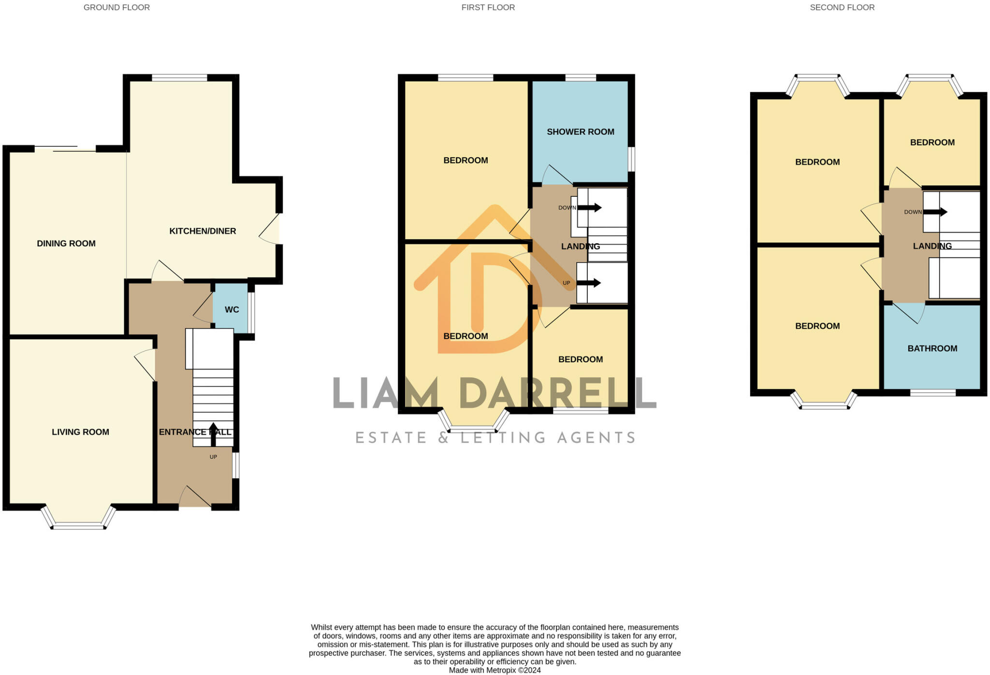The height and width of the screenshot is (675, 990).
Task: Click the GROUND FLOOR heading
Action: [116, 7]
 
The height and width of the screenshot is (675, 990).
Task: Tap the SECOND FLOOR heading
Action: [842, 7]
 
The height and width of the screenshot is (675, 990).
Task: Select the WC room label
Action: [232, 309]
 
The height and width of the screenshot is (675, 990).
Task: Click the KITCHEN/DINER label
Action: [203, 231]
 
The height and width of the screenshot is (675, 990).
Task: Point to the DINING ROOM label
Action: [66, 243]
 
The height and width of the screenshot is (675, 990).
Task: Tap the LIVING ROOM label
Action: [80, 432]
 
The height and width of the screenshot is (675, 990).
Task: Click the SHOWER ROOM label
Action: [580, 132]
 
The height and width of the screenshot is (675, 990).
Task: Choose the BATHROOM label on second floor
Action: [932, 348]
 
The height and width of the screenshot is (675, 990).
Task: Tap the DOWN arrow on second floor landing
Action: [935, 212]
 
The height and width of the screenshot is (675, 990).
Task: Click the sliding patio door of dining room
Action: [65, 148]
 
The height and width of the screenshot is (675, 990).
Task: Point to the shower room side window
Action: [631, 159]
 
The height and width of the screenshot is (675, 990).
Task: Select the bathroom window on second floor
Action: [932, 393]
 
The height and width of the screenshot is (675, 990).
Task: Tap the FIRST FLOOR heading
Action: [488, 7]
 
